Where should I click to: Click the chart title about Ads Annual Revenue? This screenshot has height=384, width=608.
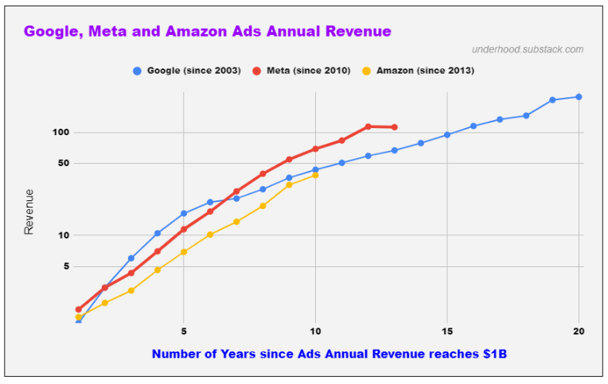click(207, 32)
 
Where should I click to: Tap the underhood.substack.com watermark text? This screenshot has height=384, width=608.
click(527, 49)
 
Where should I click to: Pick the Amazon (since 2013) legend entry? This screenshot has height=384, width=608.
click(424, 71)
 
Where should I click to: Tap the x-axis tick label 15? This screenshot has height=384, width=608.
click(447, 331)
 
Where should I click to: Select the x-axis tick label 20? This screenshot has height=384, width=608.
click(579, 331)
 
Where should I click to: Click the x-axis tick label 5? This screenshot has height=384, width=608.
click(184, 331)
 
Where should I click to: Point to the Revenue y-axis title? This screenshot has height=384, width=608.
click(29, 211)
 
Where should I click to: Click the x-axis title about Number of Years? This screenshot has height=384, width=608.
click(329, 353)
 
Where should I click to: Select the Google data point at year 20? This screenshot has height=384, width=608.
click(579, 97)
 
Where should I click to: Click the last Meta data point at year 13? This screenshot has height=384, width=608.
click(395, 127)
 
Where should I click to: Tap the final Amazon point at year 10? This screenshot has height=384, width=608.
click(316, 175)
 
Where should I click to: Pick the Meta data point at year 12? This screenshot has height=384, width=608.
click(368, 126)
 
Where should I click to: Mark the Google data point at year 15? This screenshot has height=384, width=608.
click(447, 134)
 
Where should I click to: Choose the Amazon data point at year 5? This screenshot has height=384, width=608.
click(184, 252)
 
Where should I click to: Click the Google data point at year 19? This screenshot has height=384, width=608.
click(552, 100)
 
